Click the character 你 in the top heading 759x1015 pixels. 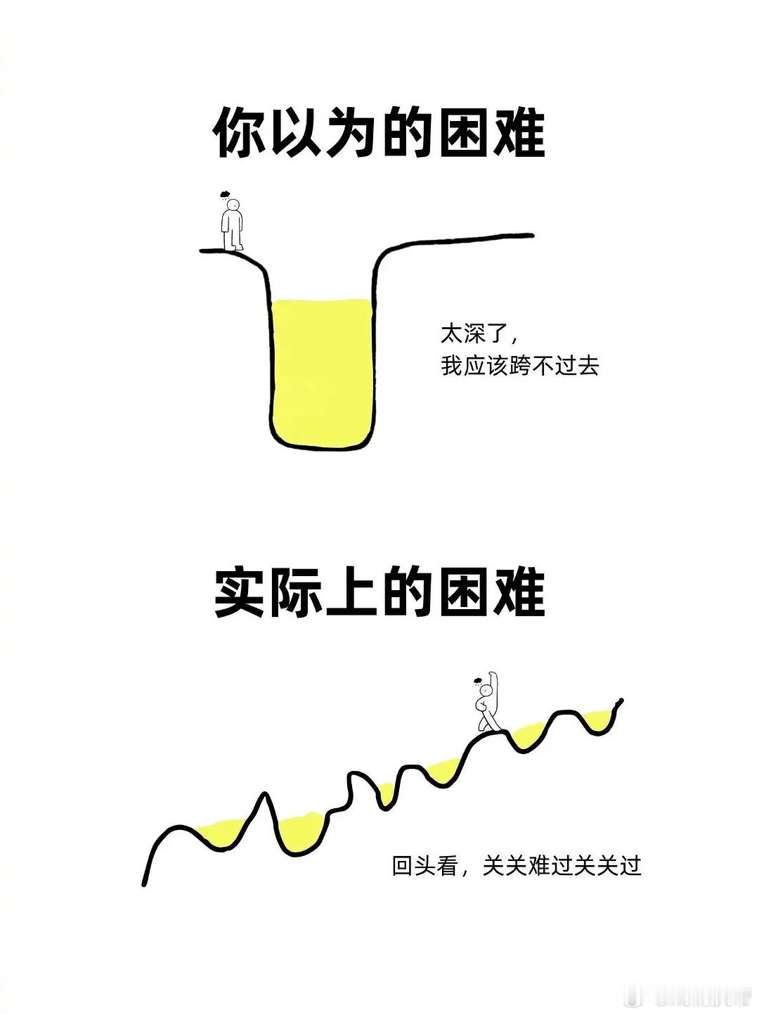tap(239, 133)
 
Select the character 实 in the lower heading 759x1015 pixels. tap(239, 592)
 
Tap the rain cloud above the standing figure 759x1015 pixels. tap(225, 193)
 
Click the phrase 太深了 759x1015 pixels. tap(474, 333)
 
